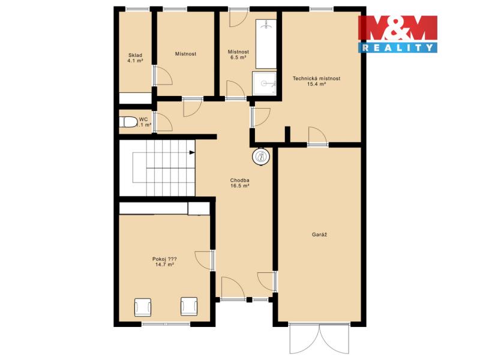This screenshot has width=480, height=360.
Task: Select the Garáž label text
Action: pos(320,235)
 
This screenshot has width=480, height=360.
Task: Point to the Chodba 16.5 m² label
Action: pos(239,183)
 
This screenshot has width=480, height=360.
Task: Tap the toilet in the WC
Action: pos(128,122)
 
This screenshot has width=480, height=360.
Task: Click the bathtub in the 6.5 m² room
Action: pos(266,44)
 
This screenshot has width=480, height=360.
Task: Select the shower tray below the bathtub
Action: pos(264,83)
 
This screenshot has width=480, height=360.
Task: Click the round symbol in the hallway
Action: pos(261,157)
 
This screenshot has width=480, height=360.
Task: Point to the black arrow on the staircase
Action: pos(192,152)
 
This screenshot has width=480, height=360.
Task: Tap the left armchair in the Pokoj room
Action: pos(143,307)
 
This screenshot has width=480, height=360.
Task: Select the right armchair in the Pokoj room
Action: pos(189,307)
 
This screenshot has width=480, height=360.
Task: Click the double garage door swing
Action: pos(319,338)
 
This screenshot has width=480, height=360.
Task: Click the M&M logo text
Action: pos(398,28)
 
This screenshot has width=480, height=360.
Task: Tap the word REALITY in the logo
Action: pos(398,47)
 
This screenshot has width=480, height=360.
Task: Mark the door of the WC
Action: pos(163,122)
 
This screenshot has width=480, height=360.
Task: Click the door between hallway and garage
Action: pos(267,281)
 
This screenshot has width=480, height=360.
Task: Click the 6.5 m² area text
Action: pos(238,57)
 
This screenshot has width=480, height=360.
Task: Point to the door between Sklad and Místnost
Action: pos(163,75)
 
